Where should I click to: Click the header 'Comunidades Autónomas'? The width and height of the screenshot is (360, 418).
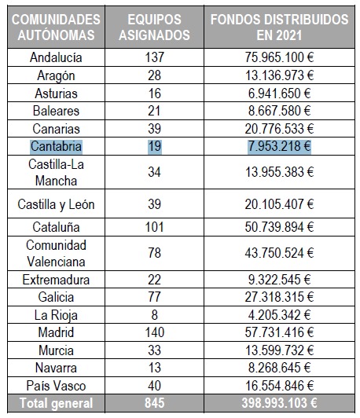tap(56, 27)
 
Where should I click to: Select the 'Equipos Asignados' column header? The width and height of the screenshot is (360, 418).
tap(154, 27)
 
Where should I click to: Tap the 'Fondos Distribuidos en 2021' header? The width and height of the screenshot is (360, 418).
tap(279, 27)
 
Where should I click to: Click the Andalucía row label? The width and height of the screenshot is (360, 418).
tap(56, 57)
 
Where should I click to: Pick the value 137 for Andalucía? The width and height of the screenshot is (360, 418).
tap(154, 57)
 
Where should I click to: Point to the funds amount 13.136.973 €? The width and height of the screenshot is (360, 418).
tap(279, 75)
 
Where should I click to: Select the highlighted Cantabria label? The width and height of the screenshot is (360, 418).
tap(56, 146)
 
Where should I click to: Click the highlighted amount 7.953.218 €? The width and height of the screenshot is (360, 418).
tap(279, 146)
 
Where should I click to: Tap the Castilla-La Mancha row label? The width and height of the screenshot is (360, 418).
tap(56, 172)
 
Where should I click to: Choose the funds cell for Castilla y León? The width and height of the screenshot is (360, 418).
tap(279, 204)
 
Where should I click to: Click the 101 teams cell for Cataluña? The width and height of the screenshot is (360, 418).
tap(154, 227)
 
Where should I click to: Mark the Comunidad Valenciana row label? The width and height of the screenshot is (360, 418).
tap(56, 253)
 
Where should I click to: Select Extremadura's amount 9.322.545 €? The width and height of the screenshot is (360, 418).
tap(279, 280)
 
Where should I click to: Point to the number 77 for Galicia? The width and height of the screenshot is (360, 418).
tap(154, 297)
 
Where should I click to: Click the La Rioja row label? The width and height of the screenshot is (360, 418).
tap(56, 315)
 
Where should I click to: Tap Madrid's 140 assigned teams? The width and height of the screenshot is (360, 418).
tap(154, 332)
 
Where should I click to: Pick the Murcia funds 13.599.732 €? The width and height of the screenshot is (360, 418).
tap(279, 350)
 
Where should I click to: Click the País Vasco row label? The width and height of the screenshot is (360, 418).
tap(56, 386)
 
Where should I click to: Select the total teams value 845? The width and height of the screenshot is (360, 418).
tap(154, 403)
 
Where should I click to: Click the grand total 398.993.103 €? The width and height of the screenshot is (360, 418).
tap(279, 403)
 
